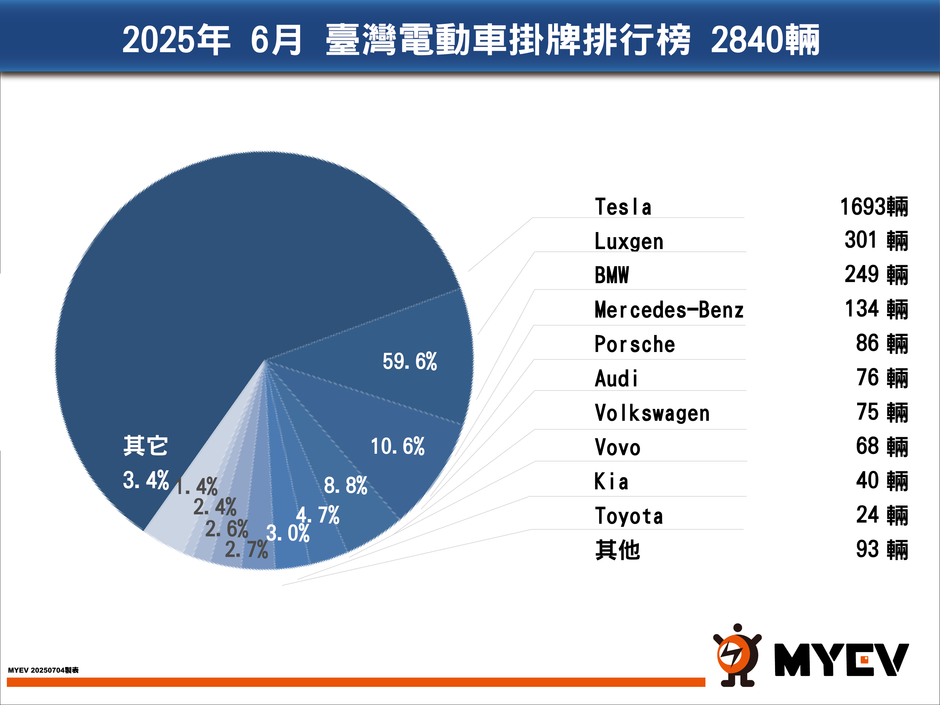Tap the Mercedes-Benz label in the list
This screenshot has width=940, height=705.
point(669,310)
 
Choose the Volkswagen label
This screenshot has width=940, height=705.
point(652,413)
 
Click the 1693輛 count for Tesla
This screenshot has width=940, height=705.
point(874,207)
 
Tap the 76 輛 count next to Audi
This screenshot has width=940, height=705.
point(882,378)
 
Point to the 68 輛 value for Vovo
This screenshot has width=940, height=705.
point(882,447)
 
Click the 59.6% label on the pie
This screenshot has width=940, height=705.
point(410,362)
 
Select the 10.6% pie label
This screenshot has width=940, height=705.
point(397,446)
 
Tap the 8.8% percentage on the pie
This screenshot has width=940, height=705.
point(345,485)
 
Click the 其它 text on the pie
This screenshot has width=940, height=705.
point(145,446)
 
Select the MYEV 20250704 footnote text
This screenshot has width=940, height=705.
point(43,670)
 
